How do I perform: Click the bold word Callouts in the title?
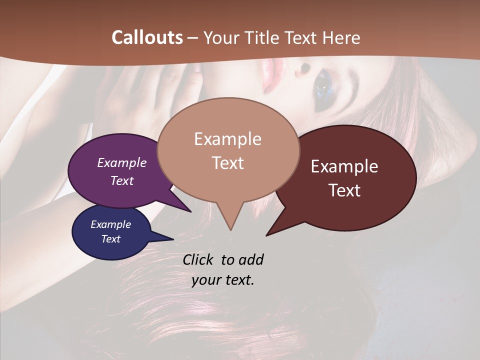pos(147,37)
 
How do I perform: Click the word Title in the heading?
pos(263,37)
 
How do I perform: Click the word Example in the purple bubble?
pos(121,163)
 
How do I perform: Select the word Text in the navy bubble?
pos(111,239)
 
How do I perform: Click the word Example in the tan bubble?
pos(227,139)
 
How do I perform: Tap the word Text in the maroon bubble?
pos(345,190)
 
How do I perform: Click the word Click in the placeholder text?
pos(199,259)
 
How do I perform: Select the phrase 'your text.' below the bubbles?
pos(223,280)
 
